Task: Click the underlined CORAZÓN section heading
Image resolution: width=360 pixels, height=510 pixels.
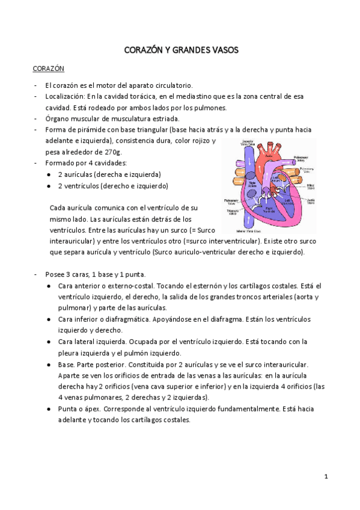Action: pyautogui.click(x=49, y=69)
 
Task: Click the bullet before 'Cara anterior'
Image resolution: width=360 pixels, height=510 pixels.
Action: pyautogui.click(x=49, y=286)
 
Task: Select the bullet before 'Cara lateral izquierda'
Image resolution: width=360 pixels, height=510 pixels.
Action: pyautogui.click(x=49, y=342)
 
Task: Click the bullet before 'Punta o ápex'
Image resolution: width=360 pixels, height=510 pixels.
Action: pyautogui.click(x=49, y=408)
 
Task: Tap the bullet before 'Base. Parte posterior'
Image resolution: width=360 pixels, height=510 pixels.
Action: pyautogui.click(x=49, y=364)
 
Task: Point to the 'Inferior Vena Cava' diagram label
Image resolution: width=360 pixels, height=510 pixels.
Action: pyautogui.click(x=248, y=230)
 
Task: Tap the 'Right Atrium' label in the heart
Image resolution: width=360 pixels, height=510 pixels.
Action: pyautogui.click(x=252, y=185)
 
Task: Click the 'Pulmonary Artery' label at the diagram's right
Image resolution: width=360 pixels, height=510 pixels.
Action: pyautogui.click(x=303, y=159)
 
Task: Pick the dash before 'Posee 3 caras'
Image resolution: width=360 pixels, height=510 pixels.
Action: pyautogui.click(x=36, y=274)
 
